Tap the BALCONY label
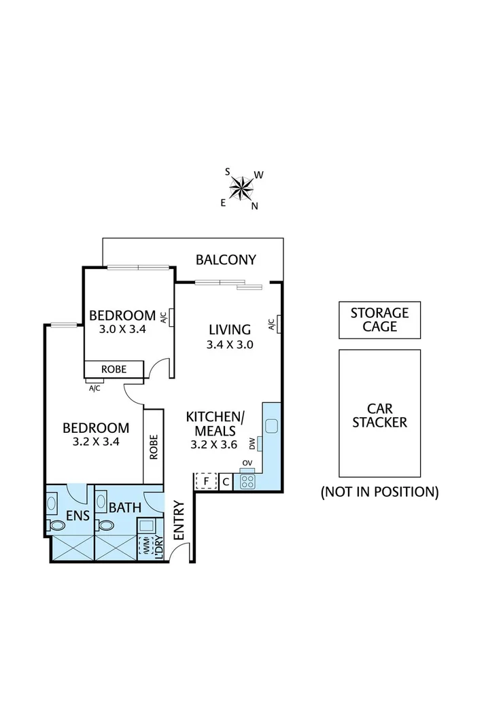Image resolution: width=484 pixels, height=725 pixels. click(x=226, y=259)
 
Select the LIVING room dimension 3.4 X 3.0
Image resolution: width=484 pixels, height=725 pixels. click(x=230, y=344)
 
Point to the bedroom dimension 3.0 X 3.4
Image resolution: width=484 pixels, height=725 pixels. click(x=123, y=329)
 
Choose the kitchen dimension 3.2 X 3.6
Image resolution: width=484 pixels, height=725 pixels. click(x=214, y=445)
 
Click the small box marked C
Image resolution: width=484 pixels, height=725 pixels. click(x=226, y=482)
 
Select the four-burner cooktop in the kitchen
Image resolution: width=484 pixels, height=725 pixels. click(x=247, y=482)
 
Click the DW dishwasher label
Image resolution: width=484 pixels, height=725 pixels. click(x=252, y=444)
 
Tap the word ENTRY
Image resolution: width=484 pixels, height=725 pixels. click(x=179, y=520)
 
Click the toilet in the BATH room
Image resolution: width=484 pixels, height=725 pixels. click(x=105, y=525)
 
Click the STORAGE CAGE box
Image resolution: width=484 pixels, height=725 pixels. click(x=379, y=320)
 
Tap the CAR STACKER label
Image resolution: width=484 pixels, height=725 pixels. click(x=379, y=415)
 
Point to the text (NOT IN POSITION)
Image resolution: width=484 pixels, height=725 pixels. click(x=379, y=492)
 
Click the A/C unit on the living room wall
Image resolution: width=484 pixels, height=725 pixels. click(x=278, y=325)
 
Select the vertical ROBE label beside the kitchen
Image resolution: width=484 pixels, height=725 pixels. click(x=154, y=446)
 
